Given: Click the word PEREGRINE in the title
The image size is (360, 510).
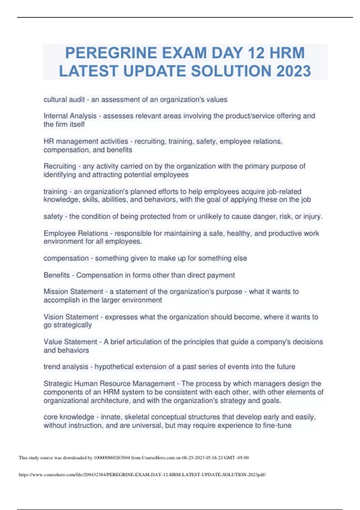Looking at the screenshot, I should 111,53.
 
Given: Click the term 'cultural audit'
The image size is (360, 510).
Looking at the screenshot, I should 64,100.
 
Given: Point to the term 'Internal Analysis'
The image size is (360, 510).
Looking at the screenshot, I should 70,116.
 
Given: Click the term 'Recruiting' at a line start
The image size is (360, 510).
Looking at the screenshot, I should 60,166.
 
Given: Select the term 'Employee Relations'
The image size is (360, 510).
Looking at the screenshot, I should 76,233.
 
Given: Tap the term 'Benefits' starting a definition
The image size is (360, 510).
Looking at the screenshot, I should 56,275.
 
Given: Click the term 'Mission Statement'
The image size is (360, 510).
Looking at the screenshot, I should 73,292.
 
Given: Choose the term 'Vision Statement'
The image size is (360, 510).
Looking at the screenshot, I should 71,317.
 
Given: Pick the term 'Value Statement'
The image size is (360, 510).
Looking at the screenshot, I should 70,342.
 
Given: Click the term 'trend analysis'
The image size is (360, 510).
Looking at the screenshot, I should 66,367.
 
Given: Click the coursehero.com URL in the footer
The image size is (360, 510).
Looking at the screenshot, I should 142,475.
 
